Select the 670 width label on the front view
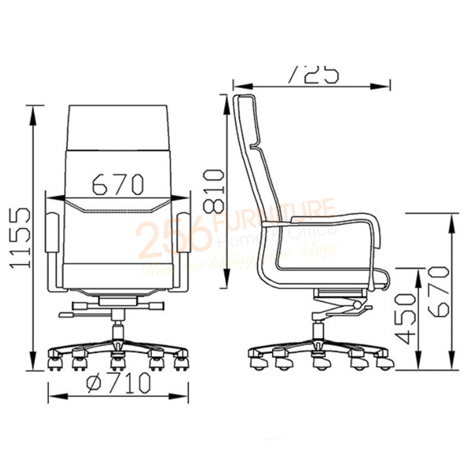tap(117, 184)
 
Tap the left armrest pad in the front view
tap(53, 233)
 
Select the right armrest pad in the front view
tap(183, 233)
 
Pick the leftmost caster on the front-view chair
tap(54, 361)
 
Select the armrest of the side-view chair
tap(323, 220)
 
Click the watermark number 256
tap(174, 238)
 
